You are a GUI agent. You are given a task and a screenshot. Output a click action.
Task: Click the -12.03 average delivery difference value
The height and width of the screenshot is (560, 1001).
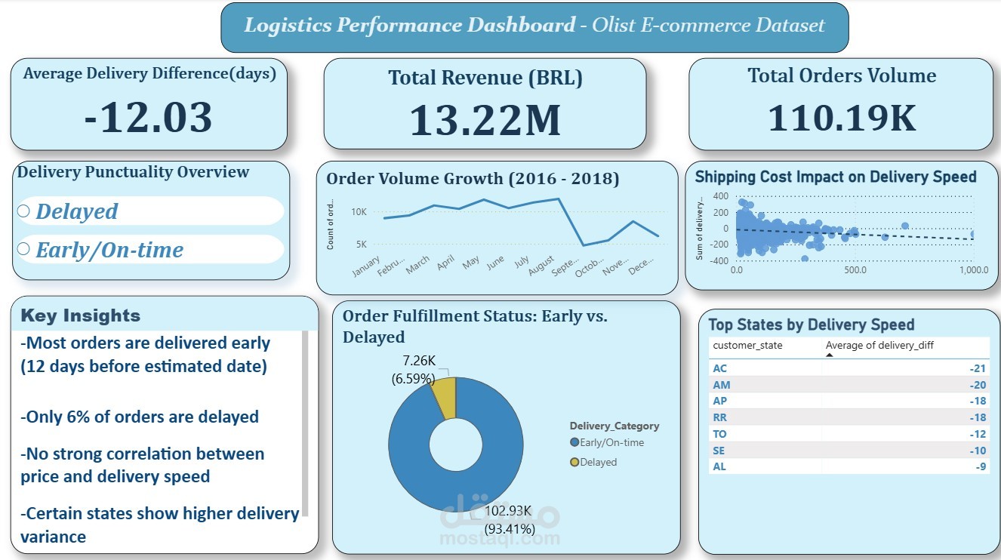148,118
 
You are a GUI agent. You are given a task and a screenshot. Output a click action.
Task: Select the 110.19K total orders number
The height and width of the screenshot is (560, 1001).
841,118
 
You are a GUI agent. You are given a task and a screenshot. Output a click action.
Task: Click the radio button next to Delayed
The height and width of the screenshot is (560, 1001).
23,211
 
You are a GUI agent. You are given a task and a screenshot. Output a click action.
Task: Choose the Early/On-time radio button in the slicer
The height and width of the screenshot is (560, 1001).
23,249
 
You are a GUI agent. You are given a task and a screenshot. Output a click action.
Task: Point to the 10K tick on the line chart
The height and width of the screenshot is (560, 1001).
359,212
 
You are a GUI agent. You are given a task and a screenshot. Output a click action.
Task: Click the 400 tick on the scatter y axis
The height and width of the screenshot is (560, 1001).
720,195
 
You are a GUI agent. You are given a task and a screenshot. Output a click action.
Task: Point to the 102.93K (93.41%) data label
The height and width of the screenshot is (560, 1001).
510,518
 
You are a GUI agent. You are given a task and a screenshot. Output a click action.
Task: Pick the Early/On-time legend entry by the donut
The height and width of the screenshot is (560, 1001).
608,442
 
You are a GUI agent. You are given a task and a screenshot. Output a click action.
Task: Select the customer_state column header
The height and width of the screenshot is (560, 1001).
748,346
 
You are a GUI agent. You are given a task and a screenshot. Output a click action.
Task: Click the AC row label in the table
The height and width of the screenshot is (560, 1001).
719,368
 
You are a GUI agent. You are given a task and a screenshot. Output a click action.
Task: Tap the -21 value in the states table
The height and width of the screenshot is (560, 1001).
978,368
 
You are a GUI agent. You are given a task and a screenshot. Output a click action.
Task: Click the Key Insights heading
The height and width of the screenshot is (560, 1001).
80,315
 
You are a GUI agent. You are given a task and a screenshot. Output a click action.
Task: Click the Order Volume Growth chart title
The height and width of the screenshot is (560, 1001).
473,179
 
